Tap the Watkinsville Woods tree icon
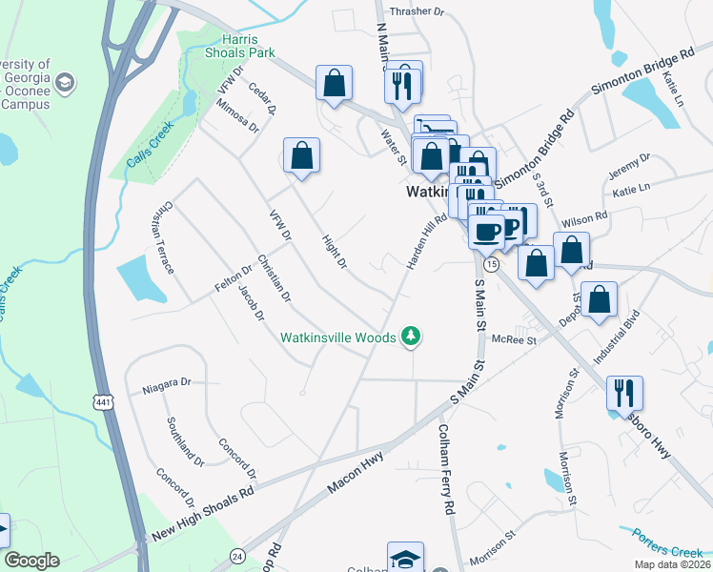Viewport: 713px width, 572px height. (411, 337)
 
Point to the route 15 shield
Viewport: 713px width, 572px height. (491, 262)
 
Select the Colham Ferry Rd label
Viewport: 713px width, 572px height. (444, 470)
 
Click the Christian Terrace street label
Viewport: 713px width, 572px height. (162, 237)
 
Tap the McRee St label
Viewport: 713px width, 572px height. (515, 338)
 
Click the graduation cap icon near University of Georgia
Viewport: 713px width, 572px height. (65, 83)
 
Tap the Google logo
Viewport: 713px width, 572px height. (31, 561)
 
